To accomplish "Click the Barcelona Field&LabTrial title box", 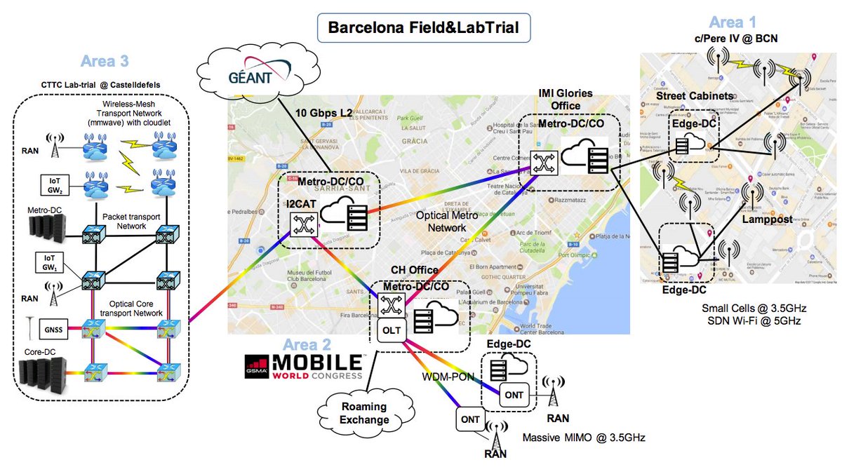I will click(x=420, y=29).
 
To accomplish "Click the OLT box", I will click(x=390, y=330).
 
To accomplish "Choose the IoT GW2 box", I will click(x=53, y=187).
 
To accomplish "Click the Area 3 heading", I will click(x=101, y=62).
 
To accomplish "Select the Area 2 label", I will click(x=306, y=345).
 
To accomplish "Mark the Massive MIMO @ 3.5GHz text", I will click(x=584, y=438).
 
